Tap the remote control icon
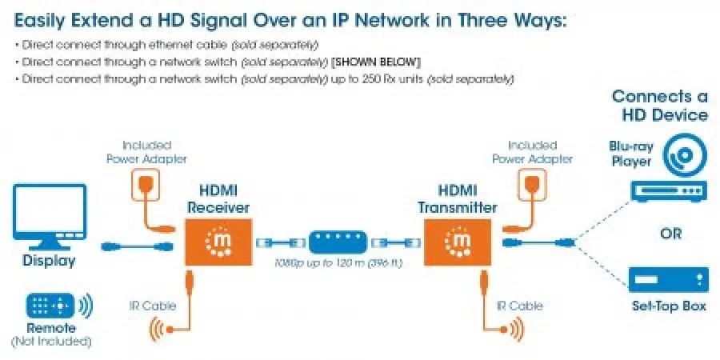pyautogui.click(x=50, y=306)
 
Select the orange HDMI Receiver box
pyautogui.click(x=219, y=242)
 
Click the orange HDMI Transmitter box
pyautogui.click(x=458, y=242)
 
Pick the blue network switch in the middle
pyautogui.click(x=339, y=242)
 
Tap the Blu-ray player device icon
pyautogui.click(x=668, y=191)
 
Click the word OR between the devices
pyautogui.click(x=671, y=234)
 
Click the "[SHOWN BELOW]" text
pyautogui.click(x=382, y=62)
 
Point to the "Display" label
pyautogui.click(x=49, y=261)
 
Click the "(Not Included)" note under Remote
pyautogui.click(x=50, y=341)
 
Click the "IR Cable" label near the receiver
pyautogui.click(x=154, y=306)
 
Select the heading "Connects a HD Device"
pyautogui.click(x=659, y=106)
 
